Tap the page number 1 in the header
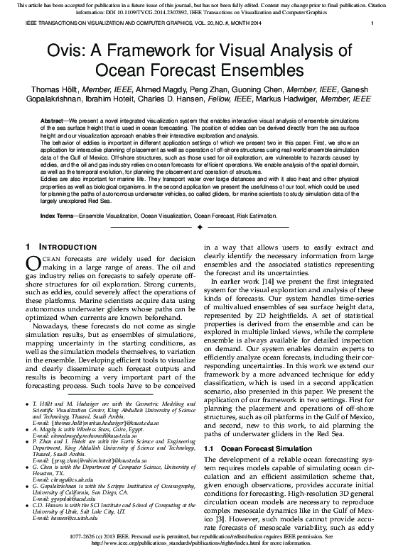372,24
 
